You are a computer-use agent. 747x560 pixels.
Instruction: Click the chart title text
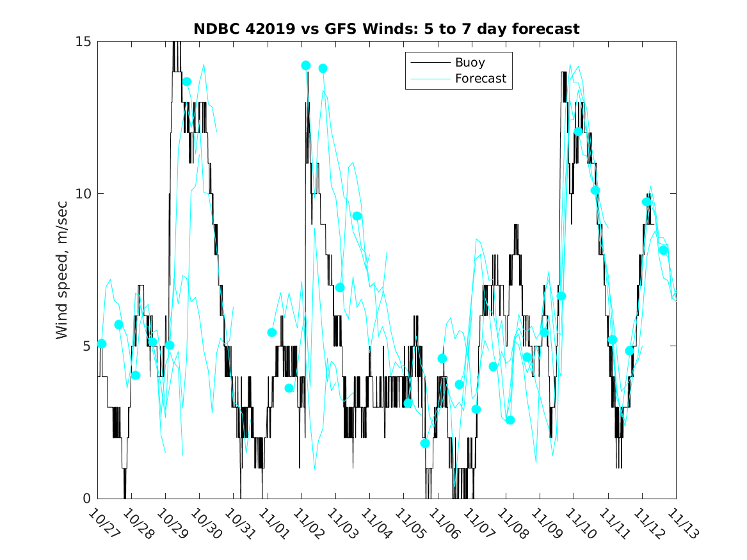pyautogui.click(x=387, y=29)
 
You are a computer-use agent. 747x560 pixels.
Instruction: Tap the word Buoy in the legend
pyautogui.click(x=470, y=63)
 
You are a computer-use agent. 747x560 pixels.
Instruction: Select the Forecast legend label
pyautogui.click(x=480, y=79)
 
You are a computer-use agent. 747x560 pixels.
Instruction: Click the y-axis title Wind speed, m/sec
pyautogui.click(x=62, y=269)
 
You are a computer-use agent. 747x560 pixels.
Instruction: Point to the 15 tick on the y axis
pyautogui.click(x=84, y=42)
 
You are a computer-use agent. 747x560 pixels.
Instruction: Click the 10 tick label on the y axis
pyautogui.click(x=84, y=194)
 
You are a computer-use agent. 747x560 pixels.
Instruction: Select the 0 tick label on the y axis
pyautogui.click(x=88, y=499)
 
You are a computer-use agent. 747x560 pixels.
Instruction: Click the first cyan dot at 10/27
pyautogui.click(x=101, y=344)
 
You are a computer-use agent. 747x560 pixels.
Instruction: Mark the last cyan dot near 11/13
pyautogui.click(x=664, y=250)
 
